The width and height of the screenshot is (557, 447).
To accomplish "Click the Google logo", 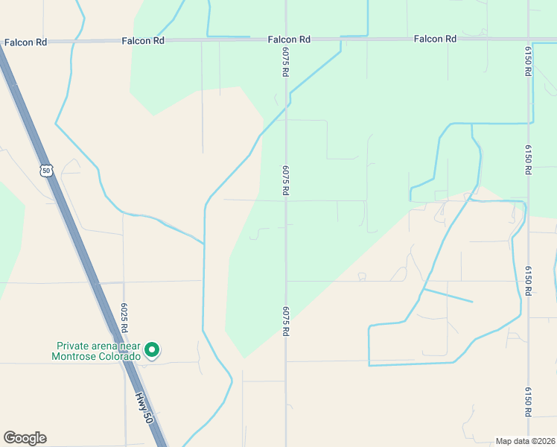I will (x=25, y=438).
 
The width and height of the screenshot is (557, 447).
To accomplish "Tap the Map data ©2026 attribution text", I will (x=525, y=441).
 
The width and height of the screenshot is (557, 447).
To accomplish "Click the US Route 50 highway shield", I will (x=47, y=171).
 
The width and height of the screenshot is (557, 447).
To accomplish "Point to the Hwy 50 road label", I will (x=145, y=409).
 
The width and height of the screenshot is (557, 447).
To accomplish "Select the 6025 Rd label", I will (x=125, y=317).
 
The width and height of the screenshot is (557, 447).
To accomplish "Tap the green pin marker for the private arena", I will (x=152, y=349).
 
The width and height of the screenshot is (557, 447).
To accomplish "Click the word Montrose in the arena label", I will (x=74, y=356).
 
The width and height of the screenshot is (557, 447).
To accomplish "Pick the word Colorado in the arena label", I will (x=120, y=356).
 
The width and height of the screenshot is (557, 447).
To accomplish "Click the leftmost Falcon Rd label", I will (x=25, y=42).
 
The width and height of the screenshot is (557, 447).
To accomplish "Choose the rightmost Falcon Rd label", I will (x=435, y=39).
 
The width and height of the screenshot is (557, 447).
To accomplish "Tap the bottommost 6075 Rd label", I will (x=285, y=321).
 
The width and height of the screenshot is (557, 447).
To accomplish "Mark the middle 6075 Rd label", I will (x=285, y=180).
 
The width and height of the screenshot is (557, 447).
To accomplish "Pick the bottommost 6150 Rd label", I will (x=528, y=402).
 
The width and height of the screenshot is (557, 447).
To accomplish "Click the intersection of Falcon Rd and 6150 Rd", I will (x=528, y=39).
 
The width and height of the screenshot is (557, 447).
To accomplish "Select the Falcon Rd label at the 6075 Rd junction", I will (x=289, y=39).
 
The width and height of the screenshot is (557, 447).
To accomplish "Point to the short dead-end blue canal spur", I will (x=448, y=296).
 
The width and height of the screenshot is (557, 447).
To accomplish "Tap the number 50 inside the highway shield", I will (x=47, y=171).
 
